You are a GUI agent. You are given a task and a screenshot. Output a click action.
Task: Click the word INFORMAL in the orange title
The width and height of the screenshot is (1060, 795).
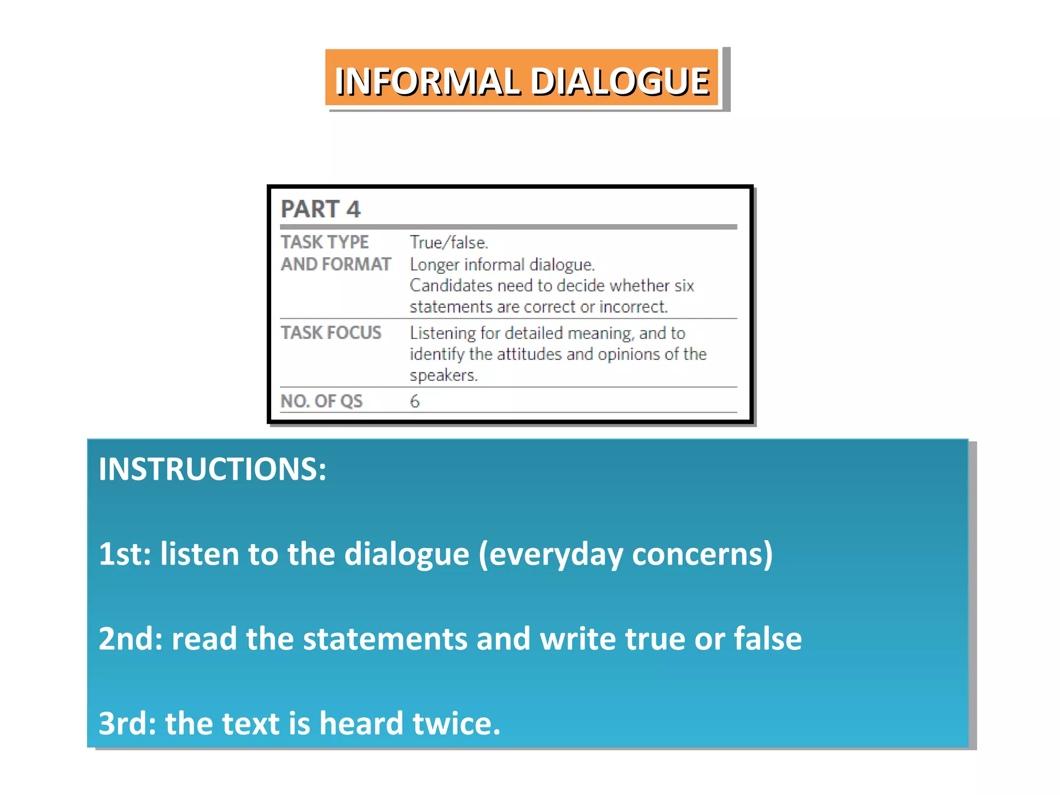pyautogui.click(x=426, y=82)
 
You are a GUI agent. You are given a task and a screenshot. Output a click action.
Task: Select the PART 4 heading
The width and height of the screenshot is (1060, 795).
pyautogui.click(x=320, y=209)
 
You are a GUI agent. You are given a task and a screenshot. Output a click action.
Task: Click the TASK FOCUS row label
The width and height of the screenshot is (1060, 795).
pyautogui.click(x=331, y=333)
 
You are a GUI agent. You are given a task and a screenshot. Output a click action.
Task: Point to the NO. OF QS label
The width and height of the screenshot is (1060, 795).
pyautogui.click(x=321, y=401)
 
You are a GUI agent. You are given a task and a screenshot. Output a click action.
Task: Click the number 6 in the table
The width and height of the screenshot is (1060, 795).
pyautogui.click(x=415, y=401)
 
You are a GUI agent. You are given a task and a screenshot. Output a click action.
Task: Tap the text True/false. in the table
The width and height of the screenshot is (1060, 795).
pyautogui.click(x=449, y=242)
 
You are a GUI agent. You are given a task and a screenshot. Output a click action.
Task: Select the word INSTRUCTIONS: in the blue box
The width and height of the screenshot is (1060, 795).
pyautogui.click(x=212, y=469)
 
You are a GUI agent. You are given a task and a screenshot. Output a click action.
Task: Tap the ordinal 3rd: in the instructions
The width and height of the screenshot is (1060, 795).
pyautogui.click(x=127, y=723)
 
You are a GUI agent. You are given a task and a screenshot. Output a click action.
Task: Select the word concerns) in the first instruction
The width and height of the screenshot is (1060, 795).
pyautogui.click(x=702, y=554)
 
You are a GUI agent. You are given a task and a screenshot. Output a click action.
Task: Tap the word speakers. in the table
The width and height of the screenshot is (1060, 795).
pyautogui.click(x=444, y=375)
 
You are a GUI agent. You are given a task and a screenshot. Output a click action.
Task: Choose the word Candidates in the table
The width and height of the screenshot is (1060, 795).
pyautogui.click(x=450, y=286)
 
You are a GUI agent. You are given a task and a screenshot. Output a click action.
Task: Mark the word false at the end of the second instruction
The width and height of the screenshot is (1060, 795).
pyautogui.click(x=768, y=639)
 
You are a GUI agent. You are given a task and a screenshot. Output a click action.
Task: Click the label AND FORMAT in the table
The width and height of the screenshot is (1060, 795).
pyautogui.click(x=336, y=264)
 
